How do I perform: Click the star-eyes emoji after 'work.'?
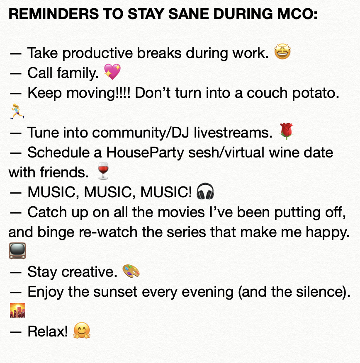click(282, 52)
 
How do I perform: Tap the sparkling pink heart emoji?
click(112, 72)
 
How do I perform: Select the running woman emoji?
click(17, 111)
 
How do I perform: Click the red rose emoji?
click(287, 131)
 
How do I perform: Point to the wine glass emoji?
click(103, 171)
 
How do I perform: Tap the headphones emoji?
click(205, 191)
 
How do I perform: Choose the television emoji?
click(17, 251)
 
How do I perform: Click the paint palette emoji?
click(131, 271)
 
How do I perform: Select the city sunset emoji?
click(17, 310)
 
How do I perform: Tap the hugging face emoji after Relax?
click(82, 330)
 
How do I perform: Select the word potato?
click(316, 93)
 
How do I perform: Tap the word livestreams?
click(233, 133)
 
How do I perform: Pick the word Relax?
click(48, 331)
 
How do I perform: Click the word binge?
click(56, 232)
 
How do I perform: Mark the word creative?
click(89, 272)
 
